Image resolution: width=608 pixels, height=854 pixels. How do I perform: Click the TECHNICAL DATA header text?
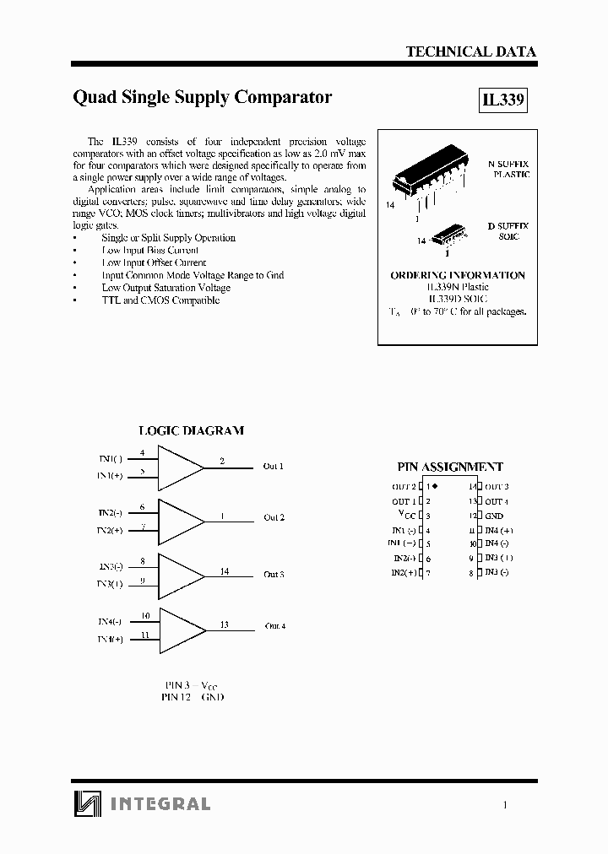tap(470, 51)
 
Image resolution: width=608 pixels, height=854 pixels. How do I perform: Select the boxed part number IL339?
tap(503, 100)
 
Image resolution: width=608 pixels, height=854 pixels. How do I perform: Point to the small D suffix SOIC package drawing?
tap(445, 235)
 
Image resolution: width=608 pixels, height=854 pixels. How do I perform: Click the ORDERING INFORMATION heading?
tap(457, 275)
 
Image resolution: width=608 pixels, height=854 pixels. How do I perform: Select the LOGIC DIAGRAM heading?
tap(191, 430)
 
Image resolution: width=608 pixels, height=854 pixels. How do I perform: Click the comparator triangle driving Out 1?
tap(180, 468)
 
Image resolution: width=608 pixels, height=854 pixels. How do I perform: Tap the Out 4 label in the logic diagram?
tap(275, 626)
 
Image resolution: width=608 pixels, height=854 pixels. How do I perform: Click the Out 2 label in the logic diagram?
tap(274, 517)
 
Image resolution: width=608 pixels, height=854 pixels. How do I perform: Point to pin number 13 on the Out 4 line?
tap(224, 624)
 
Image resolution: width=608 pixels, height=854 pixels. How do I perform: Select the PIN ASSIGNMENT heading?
tap(450, 467)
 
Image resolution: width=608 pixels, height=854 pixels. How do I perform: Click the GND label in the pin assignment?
tap(494, 516)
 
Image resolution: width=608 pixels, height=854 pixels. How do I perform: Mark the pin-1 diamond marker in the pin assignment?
tap(437, 486)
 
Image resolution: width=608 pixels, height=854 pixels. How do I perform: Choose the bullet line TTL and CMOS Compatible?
tap(160, 300)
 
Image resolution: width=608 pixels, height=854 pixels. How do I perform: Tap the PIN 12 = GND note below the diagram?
tap(193, 697)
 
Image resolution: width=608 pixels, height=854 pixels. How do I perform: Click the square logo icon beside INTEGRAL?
tap(84, 803)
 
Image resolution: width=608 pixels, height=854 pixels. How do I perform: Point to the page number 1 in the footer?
tap(505, 805)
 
